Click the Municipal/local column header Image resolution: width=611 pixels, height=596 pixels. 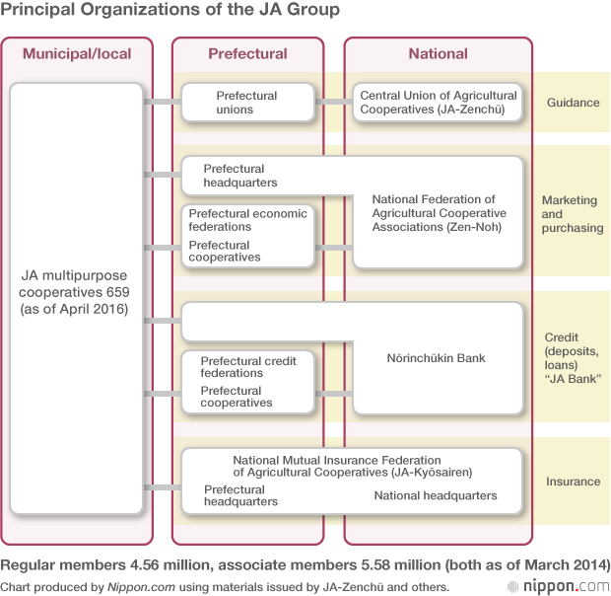77,53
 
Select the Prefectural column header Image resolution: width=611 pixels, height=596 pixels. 247,53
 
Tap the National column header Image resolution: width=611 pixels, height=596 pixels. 438,53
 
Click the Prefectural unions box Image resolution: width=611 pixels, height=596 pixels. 247,103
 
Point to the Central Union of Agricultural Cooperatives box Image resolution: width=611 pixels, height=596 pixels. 438,103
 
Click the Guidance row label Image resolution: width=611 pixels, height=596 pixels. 573,103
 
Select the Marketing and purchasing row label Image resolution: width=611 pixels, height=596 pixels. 570,214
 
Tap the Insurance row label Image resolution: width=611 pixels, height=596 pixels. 573,482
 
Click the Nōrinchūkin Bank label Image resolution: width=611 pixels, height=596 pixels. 438,357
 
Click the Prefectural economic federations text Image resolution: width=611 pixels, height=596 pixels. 247,220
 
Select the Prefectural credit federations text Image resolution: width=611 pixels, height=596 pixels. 247,367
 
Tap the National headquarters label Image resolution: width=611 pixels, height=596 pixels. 435,495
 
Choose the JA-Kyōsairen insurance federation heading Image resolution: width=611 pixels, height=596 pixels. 352,466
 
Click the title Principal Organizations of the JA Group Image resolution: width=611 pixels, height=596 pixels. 171,11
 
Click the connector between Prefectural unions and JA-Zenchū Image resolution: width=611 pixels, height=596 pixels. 333,102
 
